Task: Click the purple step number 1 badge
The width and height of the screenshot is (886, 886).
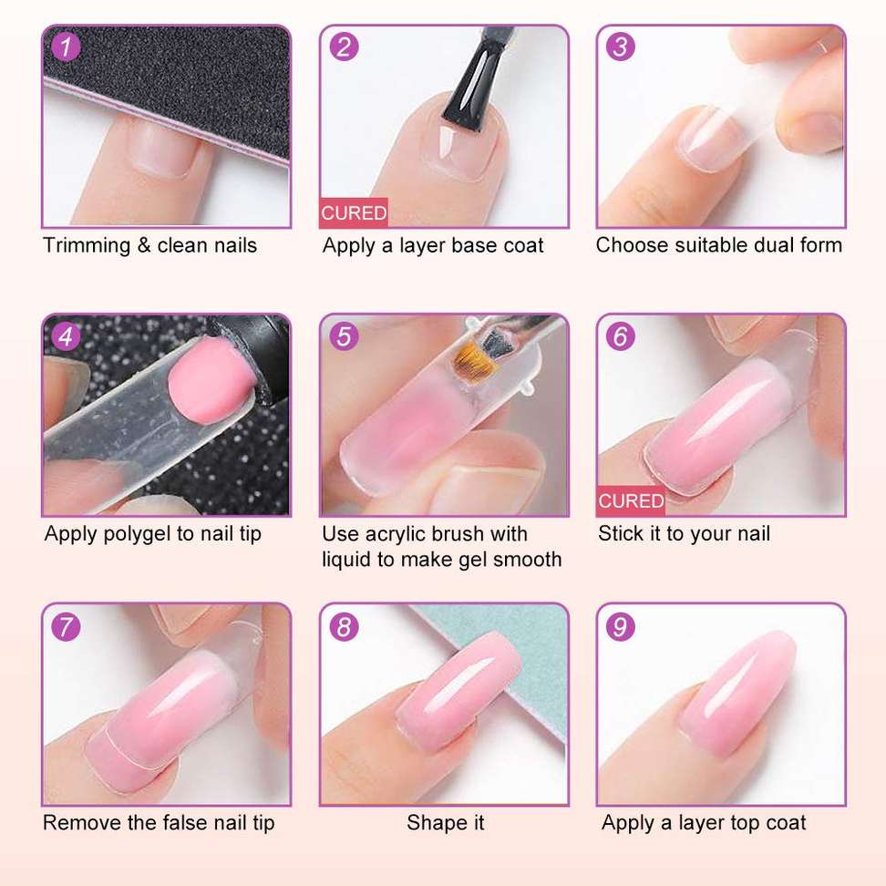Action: click(x=67, y=46)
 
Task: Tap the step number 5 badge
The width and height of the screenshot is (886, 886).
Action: click(x=344, y=336)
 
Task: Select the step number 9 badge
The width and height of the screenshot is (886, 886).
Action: click(x=621, y=626)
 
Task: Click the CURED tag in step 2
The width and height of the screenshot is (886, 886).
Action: click(x=354, y=212)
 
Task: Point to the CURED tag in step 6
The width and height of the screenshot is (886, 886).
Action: click(x=631, y=500)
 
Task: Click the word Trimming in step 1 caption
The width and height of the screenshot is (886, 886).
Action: click(x=87, y=246)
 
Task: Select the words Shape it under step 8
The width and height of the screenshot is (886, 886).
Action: click(x=445, y=823)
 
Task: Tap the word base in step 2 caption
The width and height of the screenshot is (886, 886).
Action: click(x=475, y=246)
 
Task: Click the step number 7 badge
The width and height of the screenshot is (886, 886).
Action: click(x=67, y=626)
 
